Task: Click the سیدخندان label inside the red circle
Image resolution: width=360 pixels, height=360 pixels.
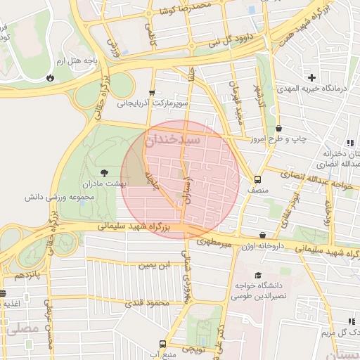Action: (173, 141)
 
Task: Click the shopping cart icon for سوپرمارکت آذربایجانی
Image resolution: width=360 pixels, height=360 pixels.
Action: (153, 93)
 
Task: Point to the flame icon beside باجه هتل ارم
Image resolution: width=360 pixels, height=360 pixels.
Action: (49, 78)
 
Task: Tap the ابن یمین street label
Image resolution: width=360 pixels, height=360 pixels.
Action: (153, 265)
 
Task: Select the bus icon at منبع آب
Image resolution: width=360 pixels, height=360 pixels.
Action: (163, 345)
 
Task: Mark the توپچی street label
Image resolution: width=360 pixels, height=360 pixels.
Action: (193, 348)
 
